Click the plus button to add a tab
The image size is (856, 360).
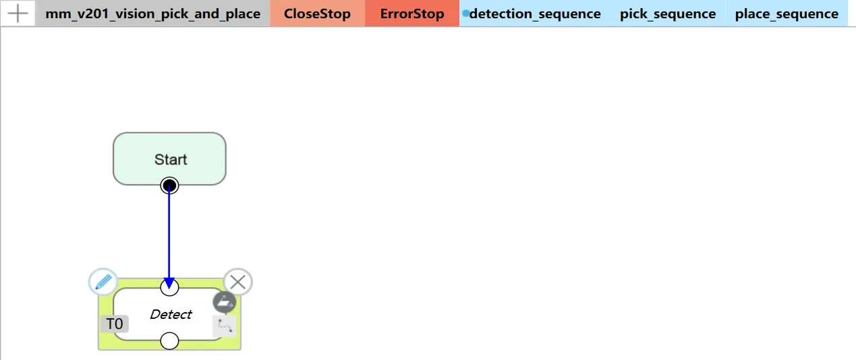17,13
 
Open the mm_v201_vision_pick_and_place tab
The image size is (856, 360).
152,13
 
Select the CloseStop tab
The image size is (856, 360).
317,13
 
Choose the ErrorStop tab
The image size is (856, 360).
412,13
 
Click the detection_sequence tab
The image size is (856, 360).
534,13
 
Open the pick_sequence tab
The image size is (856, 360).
668,13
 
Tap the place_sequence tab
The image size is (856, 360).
787,13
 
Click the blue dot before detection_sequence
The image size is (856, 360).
465,13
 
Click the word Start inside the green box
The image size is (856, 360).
171,160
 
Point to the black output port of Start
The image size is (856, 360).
169,185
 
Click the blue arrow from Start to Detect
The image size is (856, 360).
169,233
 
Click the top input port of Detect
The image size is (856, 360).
169,288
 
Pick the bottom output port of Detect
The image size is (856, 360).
169,341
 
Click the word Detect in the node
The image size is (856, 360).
171,314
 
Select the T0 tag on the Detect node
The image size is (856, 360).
115,324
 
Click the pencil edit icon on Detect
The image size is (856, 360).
103,282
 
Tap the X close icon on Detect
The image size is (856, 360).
237,282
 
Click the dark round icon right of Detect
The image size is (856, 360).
225,302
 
